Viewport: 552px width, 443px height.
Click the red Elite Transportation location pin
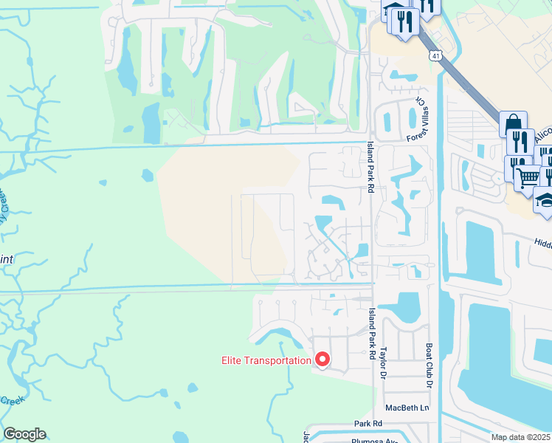(322, 360)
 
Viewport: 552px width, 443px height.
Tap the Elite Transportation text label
(266, 360)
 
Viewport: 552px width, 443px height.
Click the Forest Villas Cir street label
(416, 120)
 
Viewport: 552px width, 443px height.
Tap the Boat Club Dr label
(428, 365)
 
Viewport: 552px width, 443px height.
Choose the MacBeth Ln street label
(407, 408)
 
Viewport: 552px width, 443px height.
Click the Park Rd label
(367, 424)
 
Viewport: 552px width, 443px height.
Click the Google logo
(24, 434)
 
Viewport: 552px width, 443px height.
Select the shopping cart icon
(527, 176)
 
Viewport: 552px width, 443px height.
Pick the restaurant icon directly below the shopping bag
(520, 141)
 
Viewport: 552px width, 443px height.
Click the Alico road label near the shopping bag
(542, 135)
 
